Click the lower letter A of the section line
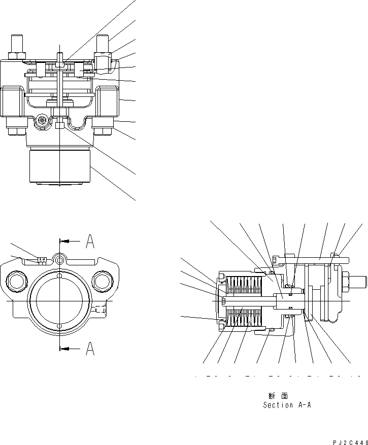coord(89,349)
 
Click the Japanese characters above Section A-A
coord(278,395)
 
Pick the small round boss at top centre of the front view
coord(60,260)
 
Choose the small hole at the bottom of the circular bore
coord(60,325)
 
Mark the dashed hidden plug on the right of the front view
coord(99,309)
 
